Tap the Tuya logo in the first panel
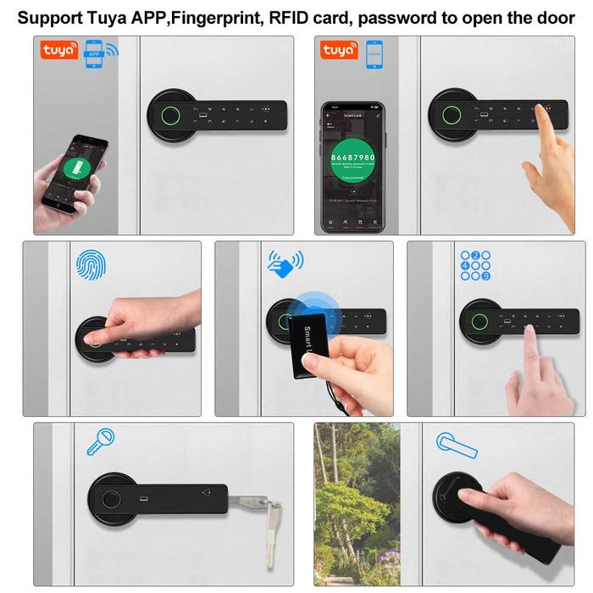[59, 51]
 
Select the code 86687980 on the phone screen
[352, 158]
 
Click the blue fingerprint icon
[92, 266]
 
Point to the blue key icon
[101, 441]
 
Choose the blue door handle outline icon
[457, 442]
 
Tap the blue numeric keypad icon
[475, 265]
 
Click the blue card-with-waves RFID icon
[285, 264]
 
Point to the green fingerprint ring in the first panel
[164, 113]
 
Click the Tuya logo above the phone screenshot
[339, 52]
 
